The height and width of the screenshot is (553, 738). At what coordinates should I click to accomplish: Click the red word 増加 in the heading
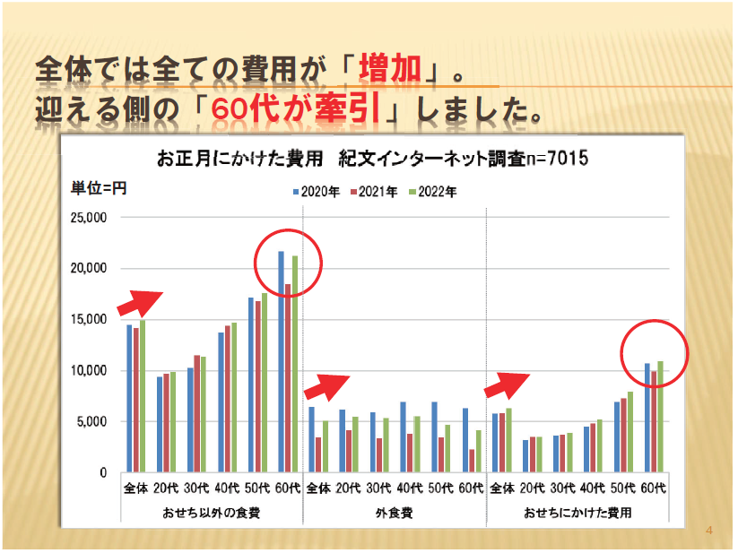point(389,69)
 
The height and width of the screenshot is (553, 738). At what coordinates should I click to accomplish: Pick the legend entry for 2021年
point(375,191)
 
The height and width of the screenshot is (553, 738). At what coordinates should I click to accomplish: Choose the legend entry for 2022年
point(432,191)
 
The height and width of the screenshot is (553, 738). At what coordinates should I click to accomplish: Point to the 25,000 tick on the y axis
point(88,218)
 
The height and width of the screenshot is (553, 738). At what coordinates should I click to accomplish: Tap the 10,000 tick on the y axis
point(88,371)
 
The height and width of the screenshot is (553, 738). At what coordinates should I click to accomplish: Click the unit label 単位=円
point(99,188)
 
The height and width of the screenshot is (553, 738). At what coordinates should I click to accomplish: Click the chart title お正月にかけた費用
point(239,160)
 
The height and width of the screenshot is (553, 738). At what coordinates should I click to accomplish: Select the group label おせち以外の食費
point(212,514)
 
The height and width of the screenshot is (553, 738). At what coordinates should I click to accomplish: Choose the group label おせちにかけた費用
point(577,514)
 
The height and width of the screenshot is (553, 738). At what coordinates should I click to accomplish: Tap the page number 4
point(708,531)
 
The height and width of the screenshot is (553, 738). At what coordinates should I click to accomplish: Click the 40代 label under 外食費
point(410,488)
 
